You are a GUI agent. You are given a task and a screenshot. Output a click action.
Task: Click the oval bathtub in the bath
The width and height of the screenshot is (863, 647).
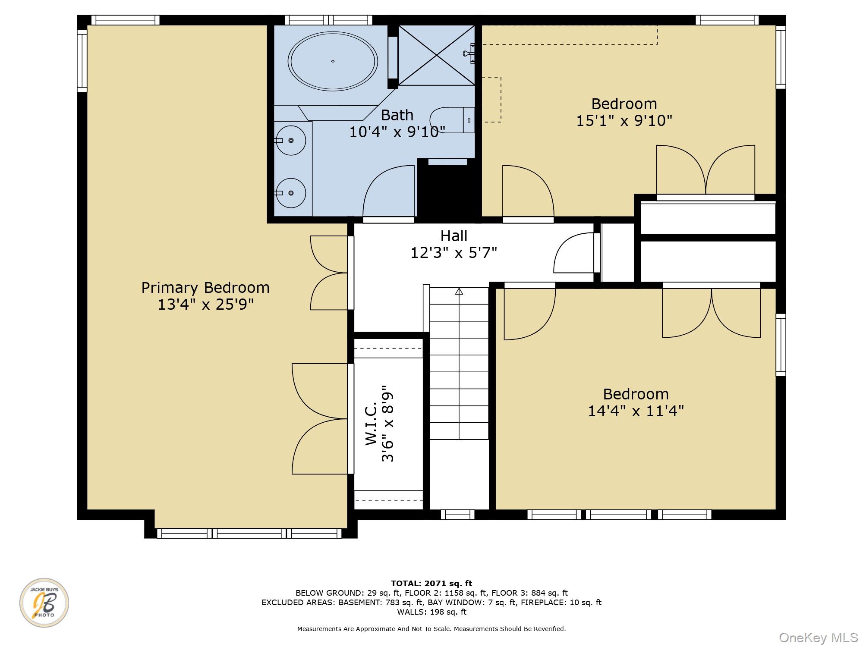[x=333, y=61]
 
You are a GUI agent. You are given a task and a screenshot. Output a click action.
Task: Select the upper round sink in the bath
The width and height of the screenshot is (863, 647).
[x=291, y=140]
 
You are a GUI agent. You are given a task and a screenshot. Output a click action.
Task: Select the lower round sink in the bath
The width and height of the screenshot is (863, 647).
[x=291, y=193]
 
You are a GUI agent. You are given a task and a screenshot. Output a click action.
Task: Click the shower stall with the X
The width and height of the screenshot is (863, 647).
[x=436, y=55]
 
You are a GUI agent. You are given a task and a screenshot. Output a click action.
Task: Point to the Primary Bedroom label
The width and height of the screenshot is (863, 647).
[x=205, y=288]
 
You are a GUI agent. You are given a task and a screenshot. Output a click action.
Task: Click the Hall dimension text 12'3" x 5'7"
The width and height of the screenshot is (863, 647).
[x=454, y=253]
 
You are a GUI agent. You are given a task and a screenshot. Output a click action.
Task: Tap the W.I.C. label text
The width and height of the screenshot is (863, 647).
[x=372, y=424]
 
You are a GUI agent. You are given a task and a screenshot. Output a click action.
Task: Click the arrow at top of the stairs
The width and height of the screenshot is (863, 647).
[x=459, y=292]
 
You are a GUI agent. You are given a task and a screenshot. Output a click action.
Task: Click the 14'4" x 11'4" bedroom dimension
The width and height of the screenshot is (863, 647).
[x=636, y=411]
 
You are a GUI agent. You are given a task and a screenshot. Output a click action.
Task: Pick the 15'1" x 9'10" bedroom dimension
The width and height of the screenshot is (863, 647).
[x=624, y=121]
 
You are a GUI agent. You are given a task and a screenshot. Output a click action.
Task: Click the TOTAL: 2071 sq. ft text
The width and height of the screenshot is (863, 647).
[x=431, y=584]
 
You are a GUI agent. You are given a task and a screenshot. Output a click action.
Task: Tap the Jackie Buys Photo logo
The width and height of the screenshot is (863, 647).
[x=44, y=602]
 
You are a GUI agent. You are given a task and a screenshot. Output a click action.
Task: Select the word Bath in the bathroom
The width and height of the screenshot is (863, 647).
[x=397, y=115]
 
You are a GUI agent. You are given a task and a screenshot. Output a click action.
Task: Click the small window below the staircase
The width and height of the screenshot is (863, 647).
[x=457, y=515]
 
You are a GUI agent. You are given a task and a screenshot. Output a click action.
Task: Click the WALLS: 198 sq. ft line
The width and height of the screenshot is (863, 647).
[x=431, y=612]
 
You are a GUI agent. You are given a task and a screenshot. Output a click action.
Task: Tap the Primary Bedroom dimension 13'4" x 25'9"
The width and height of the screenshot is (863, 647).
[x=205, y=305]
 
